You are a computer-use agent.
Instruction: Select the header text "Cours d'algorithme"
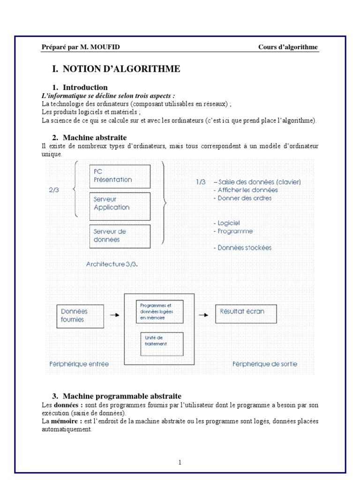(x=288, y=47)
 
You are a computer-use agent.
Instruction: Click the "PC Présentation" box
(x=120, y=176)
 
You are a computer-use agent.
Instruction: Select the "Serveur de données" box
(x=120, y=236)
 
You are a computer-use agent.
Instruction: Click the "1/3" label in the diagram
(x=201, y=182)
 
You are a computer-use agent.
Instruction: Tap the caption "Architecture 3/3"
(x=112, y=264)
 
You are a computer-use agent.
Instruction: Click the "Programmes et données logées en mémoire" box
(x=159, y=312)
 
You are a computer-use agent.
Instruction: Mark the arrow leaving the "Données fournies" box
(x=114, y=315)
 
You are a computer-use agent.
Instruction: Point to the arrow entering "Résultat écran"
(x=203, y=315)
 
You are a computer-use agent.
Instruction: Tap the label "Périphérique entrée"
(x=79, y=364)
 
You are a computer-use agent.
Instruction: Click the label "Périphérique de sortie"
(x=265, y=364)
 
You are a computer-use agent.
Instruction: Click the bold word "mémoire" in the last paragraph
(x=65, y=421)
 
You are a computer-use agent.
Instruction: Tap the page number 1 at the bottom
(x=180, y=462)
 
